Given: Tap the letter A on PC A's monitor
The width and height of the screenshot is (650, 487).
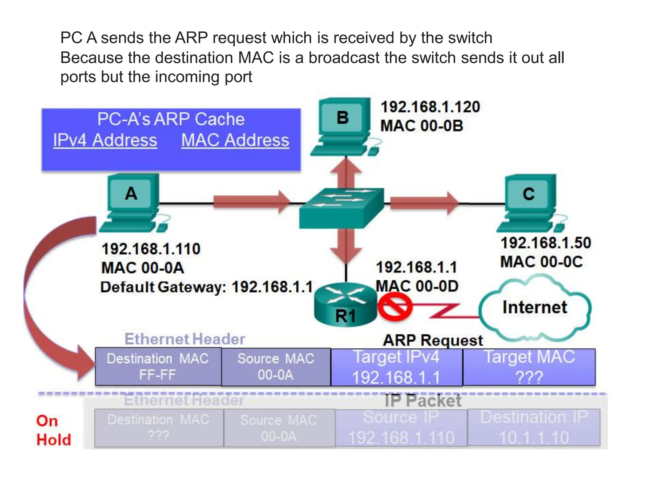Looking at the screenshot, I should (x=131, y=193).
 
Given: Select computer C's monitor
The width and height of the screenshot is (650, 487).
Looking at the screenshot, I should (x=529, y=194).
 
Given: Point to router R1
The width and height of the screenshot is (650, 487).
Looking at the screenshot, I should (x=345, y=304).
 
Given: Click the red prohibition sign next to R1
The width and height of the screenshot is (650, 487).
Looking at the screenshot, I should (x=395, y=306).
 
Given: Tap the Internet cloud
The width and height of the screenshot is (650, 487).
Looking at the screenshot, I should (x=535, y=308).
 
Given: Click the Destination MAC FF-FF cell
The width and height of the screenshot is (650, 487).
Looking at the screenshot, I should (x=158, y=367).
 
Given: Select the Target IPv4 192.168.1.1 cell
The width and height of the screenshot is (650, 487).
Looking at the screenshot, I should (x=396, y=367).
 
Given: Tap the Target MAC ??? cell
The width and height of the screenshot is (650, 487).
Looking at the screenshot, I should (x=529, y=367).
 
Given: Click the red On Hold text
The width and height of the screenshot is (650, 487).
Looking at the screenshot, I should (x=53, y=430).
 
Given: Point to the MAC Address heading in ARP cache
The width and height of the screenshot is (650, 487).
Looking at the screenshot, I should (x=235, y=140).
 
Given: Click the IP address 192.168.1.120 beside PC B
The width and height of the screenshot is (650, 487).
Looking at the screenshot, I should (x=430, y=107).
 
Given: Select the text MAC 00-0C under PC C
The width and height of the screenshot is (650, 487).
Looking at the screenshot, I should (x=541, y=262).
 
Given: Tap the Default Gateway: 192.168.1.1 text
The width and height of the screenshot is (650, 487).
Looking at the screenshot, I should (x=207, y=287).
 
